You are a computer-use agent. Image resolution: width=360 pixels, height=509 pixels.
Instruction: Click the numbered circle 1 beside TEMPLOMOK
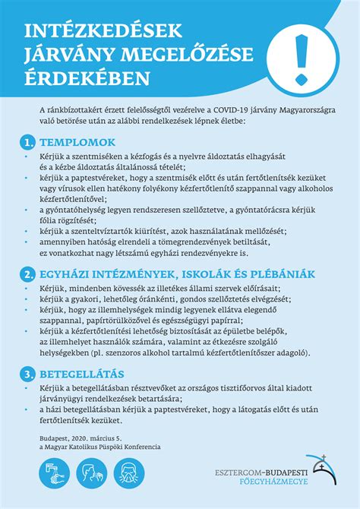coord(27,142)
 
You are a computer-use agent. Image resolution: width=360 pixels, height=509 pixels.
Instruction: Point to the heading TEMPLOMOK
coord(77,142)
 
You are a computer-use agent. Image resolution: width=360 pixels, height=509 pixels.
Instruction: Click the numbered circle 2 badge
coord(27,274)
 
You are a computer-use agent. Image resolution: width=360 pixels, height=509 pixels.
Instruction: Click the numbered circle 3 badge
coord(27,373)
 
